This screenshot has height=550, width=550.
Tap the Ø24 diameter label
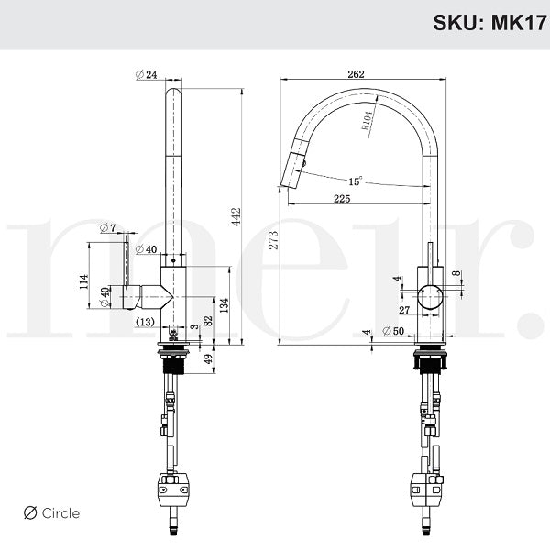[146, 74]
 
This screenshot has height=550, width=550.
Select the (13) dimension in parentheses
[145, 322]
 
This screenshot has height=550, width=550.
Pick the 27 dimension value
[404, 311]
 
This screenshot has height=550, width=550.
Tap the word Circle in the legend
[60, 513]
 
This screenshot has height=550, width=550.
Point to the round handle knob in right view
[430, 296]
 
